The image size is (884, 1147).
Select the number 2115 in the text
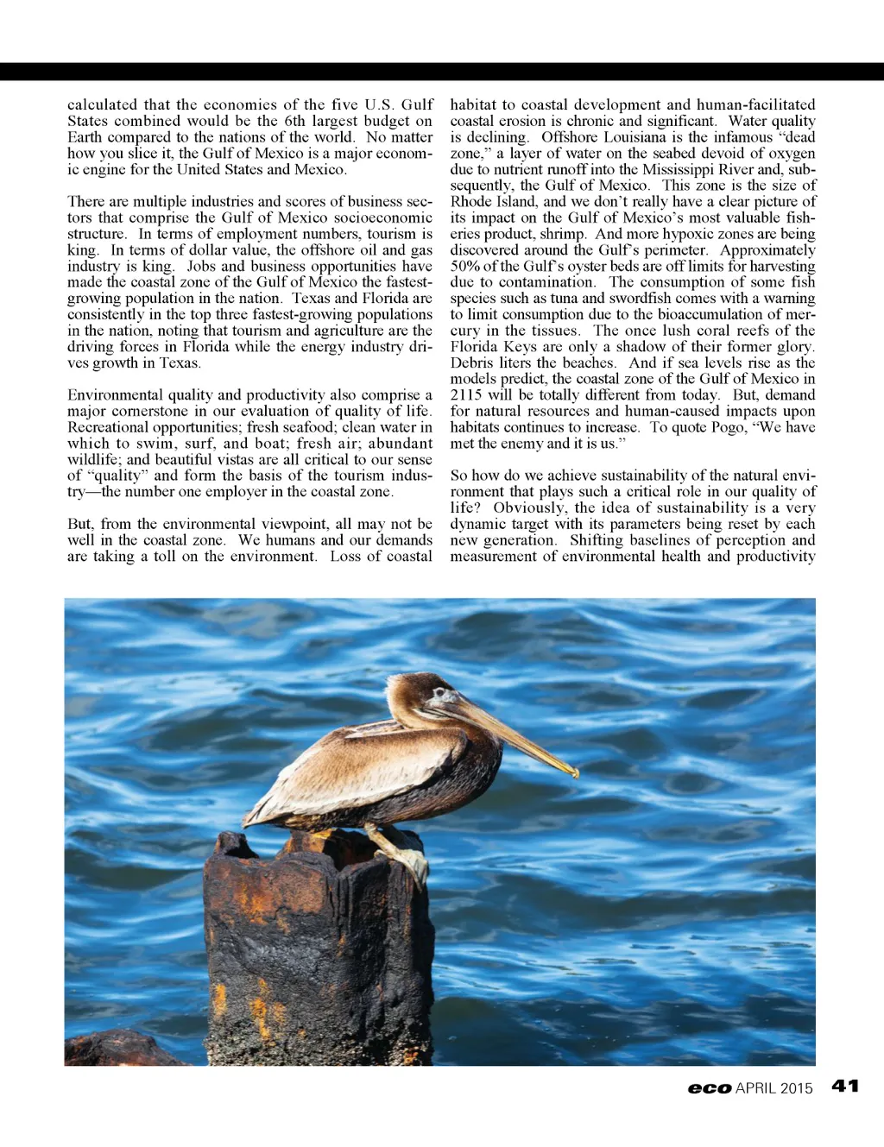466,395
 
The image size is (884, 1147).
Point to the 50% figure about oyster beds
465,266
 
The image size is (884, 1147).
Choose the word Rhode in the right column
470,201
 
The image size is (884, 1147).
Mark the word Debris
472,362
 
